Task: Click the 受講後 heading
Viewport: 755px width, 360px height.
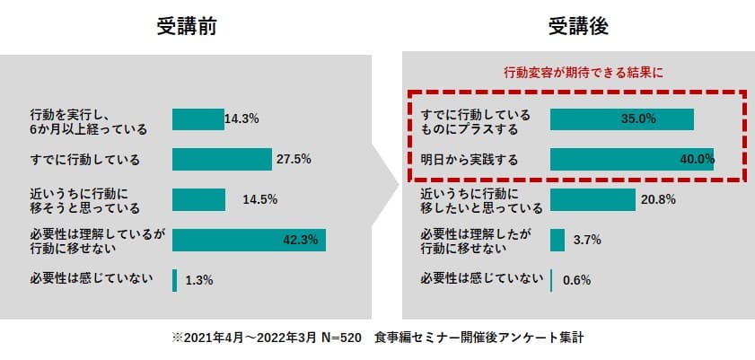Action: pyautogui.click(x=579, y=28)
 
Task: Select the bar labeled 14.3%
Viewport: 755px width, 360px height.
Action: pyautogui.click(x=198, y=119)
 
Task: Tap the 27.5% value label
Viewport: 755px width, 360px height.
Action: pyautogui.click(x=294, y=160)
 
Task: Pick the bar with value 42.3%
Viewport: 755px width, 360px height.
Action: pyautogui.click(x=249, y=240)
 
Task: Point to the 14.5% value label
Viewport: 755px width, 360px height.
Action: pyautogui.click(x=259, y=199)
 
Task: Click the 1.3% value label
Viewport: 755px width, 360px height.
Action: pyautogui.click(x=198, y=280)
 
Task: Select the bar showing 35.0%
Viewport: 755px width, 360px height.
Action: pyautogui.click(x=621, y=119)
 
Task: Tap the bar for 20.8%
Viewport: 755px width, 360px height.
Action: pyautogui.click(x=593, y=199)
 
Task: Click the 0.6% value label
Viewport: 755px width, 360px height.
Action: pyautogui.click(x=576, y=280)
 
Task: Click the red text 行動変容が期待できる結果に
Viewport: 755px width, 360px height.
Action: pyautogui.click(x=574, y=71)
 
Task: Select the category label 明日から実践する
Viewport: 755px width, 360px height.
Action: pyautogui.click(x=470, y=160)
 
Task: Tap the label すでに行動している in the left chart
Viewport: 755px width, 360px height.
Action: pyautogui.click(x=85, y=160)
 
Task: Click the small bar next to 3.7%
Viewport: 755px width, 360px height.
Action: pyautogui.click(x=557, y=240)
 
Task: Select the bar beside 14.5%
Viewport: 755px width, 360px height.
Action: pyautogui.click(x=198, y=199)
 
